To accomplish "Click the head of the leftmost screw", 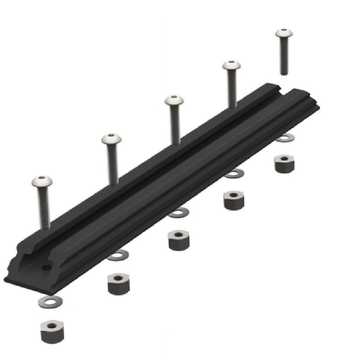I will pos(42,182).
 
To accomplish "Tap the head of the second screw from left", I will pos(111,139).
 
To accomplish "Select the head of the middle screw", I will pos(174,101).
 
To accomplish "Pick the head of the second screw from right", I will pos(232,66).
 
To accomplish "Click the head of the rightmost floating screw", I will pos(284,33).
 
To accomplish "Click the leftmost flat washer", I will pos(50,302).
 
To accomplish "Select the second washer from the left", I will pos(117,255).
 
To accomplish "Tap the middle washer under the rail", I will pos(178,213).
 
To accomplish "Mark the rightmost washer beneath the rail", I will pos(285,138).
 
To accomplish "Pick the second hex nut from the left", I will pos(118,283).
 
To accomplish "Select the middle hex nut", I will pos(179,240).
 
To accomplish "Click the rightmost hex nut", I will pos(284,163).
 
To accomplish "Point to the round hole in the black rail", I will pos(46,268).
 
